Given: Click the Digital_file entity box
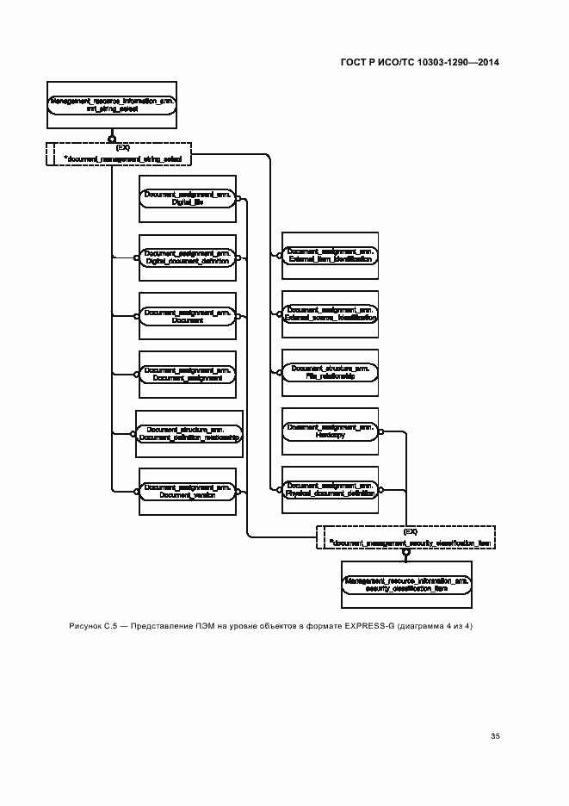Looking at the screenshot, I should [x=187, y=199].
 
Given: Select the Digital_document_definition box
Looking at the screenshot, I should [x=187, y=257].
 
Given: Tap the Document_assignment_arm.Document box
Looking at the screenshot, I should [x=187, y=315].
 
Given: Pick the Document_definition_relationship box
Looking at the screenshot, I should [x=189, y=433].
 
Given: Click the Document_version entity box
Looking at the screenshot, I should [x=187, y=491].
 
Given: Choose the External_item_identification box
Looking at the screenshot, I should [x=329, y=255].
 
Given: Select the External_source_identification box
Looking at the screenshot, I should [x=329, y=313].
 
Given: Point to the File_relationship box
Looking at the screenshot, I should [x=329, y=372].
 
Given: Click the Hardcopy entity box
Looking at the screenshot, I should [x=329, y=431].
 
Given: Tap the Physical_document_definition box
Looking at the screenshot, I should [x=329, y=490].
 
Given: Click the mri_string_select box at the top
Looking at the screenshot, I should [x=113, y=106].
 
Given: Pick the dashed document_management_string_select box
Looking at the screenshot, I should [x=117, y=153].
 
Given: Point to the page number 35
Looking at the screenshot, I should [x=495, y=736].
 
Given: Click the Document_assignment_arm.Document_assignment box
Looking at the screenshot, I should [x=187, y=374].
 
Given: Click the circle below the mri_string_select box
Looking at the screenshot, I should [x=112, y=137].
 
